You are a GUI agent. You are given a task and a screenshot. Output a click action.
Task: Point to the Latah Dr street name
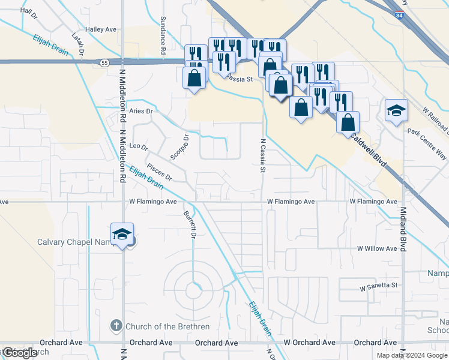tap(78, 44)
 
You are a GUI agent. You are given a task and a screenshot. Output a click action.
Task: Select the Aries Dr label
tap(141, 111)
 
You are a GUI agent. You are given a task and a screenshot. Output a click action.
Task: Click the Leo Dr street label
tap(139, 146)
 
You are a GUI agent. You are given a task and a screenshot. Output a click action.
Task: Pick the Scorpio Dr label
tap(179, 146)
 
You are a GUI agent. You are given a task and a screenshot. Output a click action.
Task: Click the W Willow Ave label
tap(378, 248)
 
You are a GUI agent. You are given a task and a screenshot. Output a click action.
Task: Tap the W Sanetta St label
tap(379, 288)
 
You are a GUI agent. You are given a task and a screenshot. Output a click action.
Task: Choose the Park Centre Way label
tap(427, 139)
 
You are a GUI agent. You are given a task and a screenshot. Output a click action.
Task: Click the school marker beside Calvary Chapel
tap(122, 234)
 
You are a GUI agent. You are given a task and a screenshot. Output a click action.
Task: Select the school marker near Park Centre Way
tap(397, 110)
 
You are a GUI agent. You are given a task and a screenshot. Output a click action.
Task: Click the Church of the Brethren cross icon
tap(116, 326)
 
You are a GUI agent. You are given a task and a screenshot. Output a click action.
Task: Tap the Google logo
tap(20, 353)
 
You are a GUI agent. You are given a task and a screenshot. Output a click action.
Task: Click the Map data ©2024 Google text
tap(412, 355)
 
